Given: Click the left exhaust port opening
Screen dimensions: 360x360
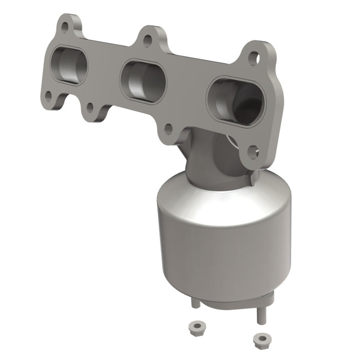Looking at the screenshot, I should pyautogui.click(x=69, y=66).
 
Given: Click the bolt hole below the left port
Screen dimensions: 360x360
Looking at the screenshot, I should pyautogui.click(x=49, y=95).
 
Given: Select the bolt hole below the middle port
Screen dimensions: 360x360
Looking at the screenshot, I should pyautogui.click(x=168, y=129).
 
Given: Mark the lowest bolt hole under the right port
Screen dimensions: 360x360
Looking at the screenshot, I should pyautogui.click(x=253, y=151).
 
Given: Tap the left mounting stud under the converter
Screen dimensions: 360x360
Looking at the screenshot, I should pyautogui.click(x=195, y=302).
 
